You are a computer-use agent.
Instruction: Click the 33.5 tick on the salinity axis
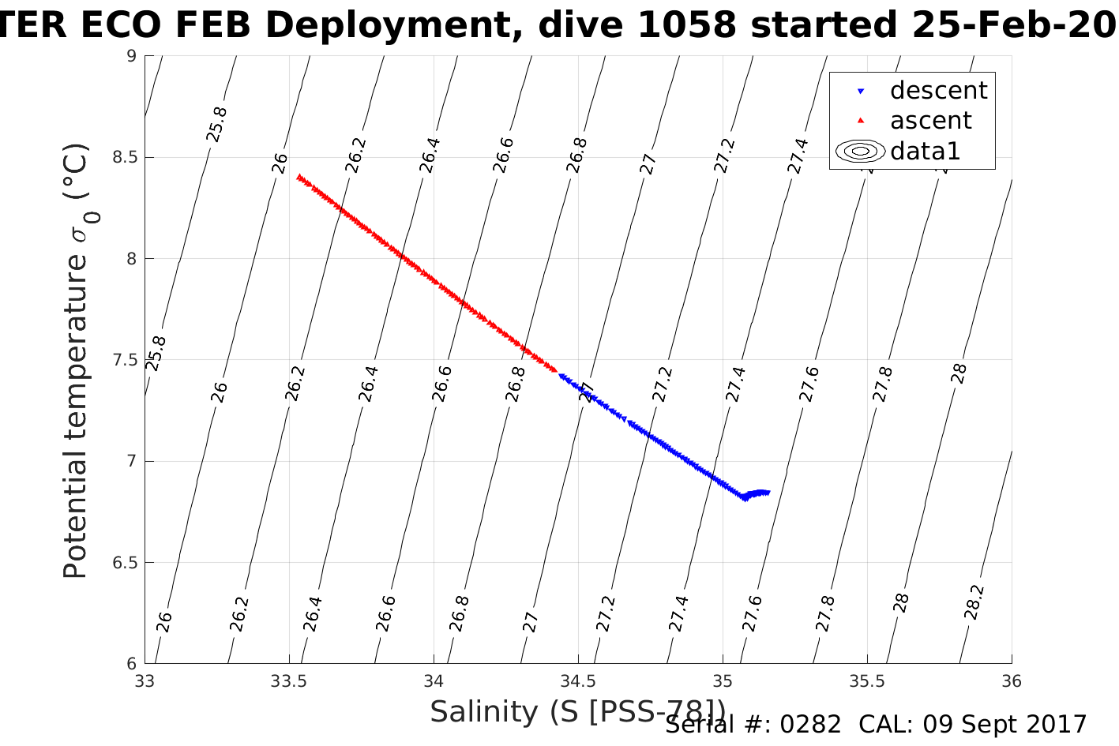point(289,681)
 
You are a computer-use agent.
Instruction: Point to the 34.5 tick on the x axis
point(578,681)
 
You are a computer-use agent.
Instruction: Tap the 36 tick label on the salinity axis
point(1012,681)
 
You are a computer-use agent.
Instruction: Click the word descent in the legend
point(938,91)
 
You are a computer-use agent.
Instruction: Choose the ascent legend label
point(930,121)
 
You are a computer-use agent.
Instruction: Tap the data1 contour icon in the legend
point(860,151)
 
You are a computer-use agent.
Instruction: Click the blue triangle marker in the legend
point(861,92)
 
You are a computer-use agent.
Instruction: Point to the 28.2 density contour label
point(974,602)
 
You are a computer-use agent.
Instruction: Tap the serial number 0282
point(810,725)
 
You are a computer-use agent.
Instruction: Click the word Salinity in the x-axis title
point(483,712)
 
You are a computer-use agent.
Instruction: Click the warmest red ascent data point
point(299,177)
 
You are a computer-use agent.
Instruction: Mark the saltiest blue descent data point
point(767,493)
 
